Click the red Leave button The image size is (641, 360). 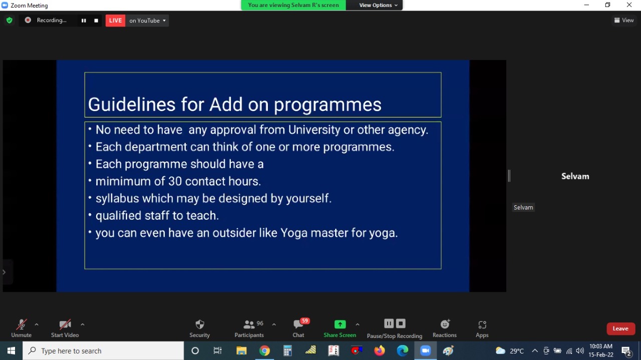point(620,328)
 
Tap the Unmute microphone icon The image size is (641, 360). point(21,324)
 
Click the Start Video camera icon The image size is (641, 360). point(65,324)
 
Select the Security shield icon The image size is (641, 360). point(199,324)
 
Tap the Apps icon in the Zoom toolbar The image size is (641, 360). point(482,325)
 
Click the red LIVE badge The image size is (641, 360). point(115,21)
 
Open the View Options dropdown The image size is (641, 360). point(378,5)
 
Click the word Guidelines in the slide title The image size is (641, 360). point(132,104)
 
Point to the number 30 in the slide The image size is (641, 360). point(175,181)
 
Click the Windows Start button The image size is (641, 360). point(11,350)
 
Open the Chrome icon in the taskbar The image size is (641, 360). point(264,350)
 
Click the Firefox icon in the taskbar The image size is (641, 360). point(380,350)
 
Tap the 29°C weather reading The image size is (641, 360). point(517,351)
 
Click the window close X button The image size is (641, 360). point(629,5)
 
